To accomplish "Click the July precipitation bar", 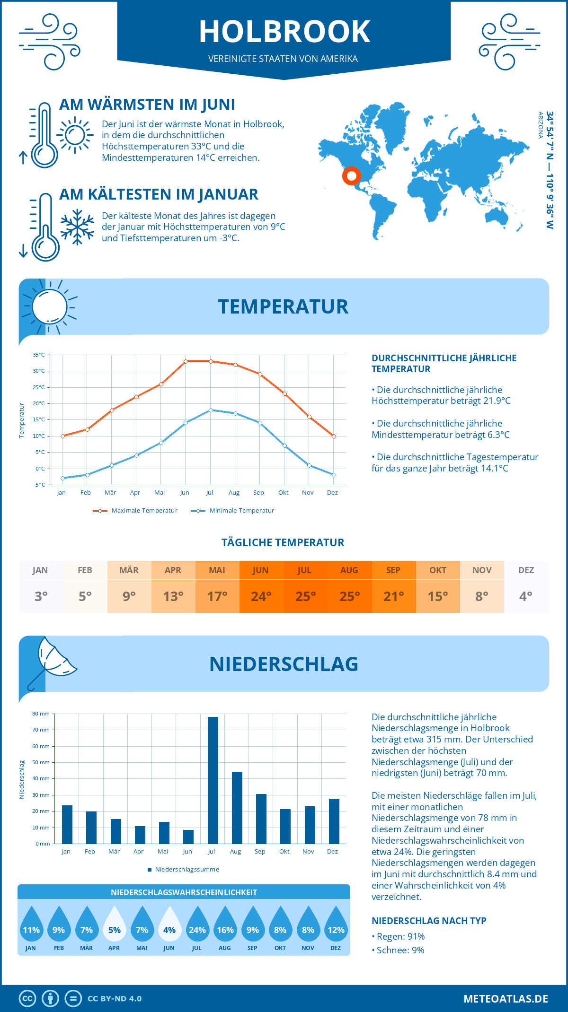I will (213, 780).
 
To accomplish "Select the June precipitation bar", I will (188, 837).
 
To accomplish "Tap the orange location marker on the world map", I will (351, 176).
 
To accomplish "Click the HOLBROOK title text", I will (284, 32).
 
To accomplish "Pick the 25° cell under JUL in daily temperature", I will (305, 596).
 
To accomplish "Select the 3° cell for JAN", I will (41, 596).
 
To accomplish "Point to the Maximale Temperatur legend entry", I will (135, 511).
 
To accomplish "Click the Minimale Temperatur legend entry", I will (232, 511).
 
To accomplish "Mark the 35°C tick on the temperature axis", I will (39, 355).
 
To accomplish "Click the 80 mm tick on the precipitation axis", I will (41, 714).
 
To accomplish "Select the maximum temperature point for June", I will (186, 361).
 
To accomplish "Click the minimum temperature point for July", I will (211, 410).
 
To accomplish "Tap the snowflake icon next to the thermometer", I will (77, 227).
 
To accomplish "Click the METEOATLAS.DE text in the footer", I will (506, 999).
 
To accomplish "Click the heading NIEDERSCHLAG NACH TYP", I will (429, 921).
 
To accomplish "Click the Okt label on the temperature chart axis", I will (283, 493).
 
